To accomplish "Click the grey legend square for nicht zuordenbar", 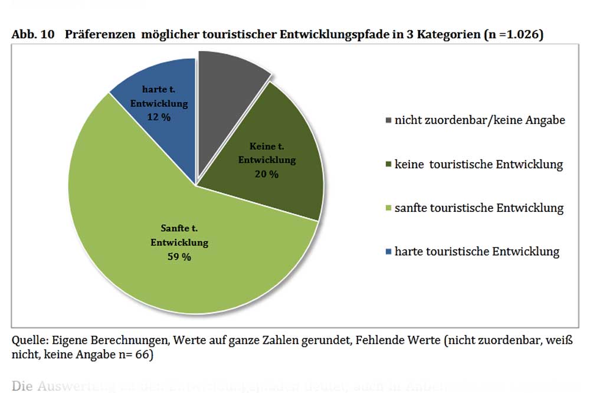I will (x=388, y=120).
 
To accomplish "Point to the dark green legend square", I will (x=388, y=165).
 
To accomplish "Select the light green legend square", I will (x=388, y=208).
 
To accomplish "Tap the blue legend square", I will (x=388, y=252).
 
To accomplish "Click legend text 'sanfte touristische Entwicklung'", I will (x=480, y=208).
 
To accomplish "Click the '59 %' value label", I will (x=179, y=257).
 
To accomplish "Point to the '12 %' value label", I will (x=159, y=117).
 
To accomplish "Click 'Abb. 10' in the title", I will (x=33, y=35).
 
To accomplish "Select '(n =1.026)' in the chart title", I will (x=513, y=35).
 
